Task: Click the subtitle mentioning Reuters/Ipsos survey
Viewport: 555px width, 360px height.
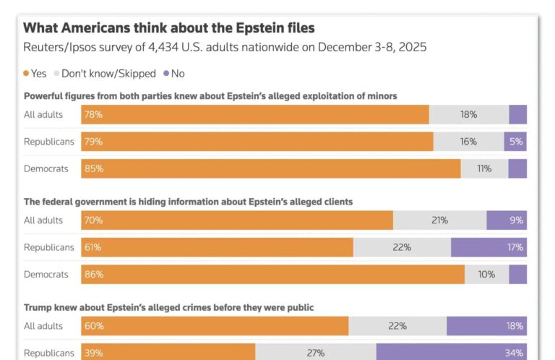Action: (225, 48)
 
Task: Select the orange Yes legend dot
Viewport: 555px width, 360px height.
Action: (27, 74)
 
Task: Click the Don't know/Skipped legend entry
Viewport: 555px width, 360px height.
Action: (104, 74)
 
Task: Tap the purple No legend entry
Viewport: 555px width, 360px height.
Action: (173, 74)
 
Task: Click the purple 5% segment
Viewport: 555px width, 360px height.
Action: (515, 142)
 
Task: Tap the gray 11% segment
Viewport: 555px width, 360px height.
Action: (483, 169)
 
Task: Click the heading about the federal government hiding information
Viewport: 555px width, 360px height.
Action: (189, 202)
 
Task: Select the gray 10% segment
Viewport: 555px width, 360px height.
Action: (486, 275)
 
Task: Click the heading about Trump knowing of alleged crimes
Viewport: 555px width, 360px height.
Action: (169, 307)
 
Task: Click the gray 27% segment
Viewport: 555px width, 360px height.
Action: (316, 353)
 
